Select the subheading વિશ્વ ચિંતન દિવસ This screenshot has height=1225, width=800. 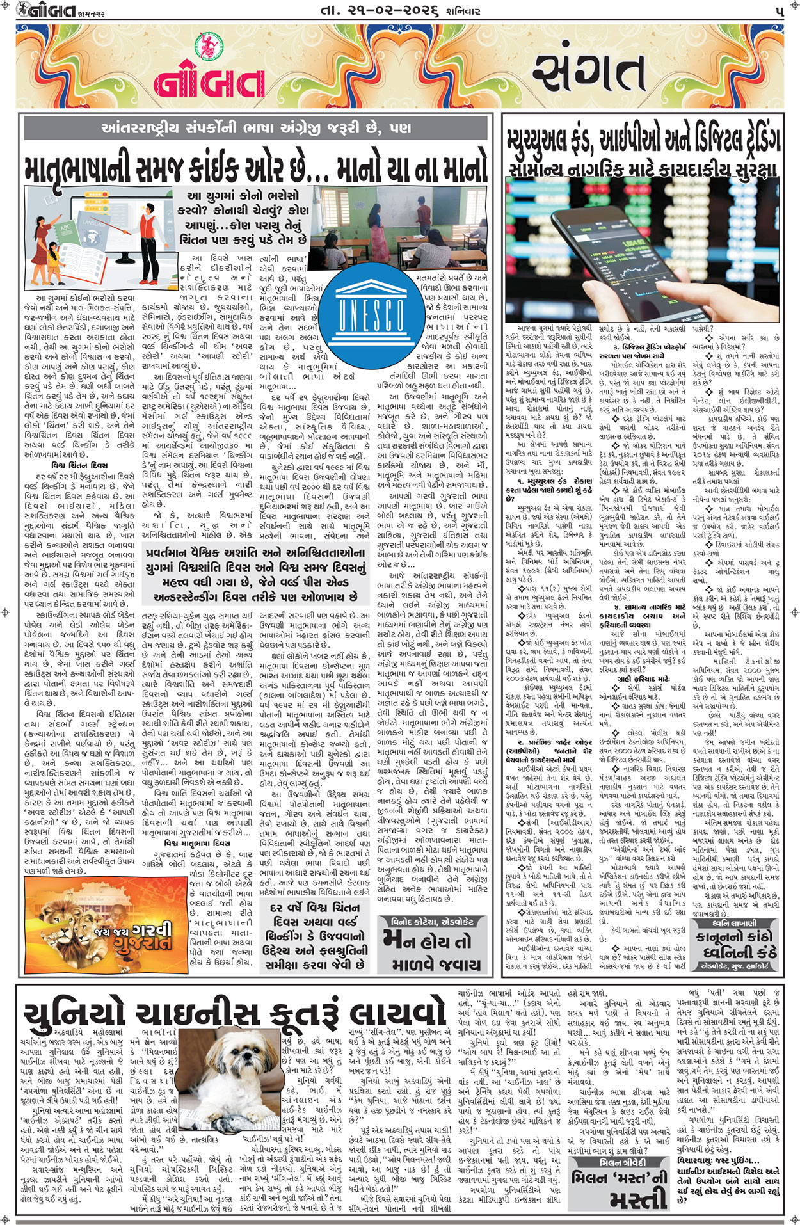79,465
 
